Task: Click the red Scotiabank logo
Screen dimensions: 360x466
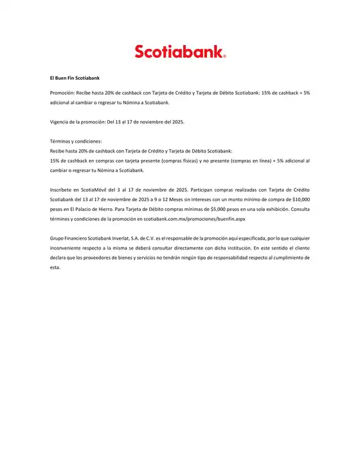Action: tap(180, 51)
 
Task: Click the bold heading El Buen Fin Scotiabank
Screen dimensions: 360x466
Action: tap(75, 78)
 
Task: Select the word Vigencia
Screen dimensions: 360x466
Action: tap(61, 121)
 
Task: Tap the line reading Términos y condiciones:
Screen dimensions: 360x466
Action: tap(75, 141)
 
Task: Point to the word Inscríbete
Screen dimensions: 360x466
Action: tap(63, 190)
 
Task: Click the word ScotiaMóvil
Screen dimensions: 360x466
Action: tap(105, 190)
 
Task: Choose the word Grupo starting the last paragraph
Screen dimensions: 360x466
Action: tap(58, 238)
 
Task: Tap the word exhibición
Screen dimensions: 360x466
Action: tap(273, 210)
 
